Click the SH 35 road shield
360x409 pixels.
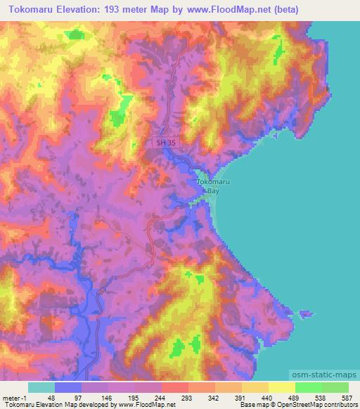click(165, 143)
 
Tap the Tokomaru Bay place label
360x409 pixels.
click(207, 185)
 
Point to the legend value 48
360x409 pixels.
click(51, 397)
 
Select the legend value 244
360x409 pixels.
click(160, 397)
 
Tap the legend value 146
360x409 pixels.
click(105, 397)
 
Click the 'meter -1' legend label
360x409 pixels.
click(13, 397)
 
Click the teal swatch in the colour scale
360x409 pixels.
click(41, 387)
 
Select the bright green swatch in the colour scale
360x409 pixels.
click(308, 387)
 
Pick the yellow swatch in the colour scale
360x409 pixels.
click(282, 387)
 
